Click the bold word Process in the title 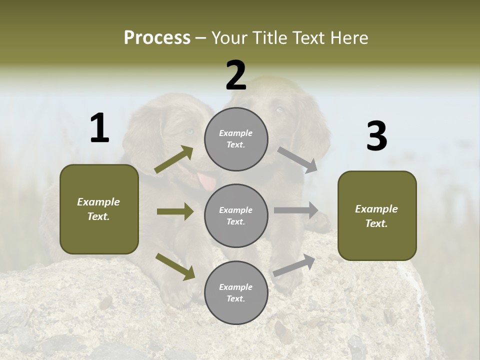pyautogui.click(x=157, y=37)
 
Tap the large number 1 pyautogui.click(x=99, y=128)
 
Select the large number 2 pyautogui.click(x=236, y=75)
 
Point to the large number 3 pyautogui.click(x=376, y=136)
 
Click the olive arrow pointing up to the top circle pyautogui.click(x=174, y=159)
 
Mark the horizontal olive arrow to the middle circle pyautogui.click(x=175, y=211)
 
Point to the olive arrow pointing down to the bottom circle pyautogui.click(x=175, y=266)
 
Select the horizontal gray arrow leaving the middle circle pyautogui.click(x=296, y=210)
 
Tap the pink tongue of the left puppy pyautogui.click(x=205, y=181)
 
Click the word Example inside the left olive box pyautogui.click(x=98, y=202)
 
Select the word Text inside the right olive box pyautogui.click(x=376, y=223)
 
